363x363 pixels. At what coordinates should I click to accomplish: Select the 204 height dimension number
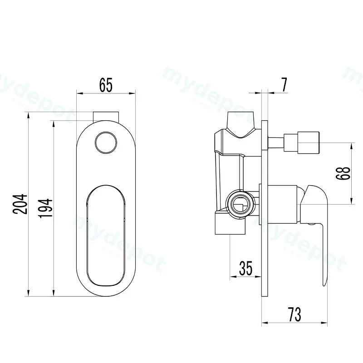pyautogui.click(x=20, y=204)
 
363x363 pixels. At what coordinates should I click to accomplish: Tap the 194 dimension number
pyautogui.click(x=45, y=208)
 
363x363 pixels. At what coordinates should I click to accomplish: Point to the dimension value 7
pyautogui.click(x=284, y=84)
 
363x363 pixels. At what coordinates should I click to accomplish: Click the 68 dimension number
pyautogui.click(x=343, y=173)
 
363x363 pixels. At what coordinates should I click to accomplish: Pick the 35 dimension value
pyautogui.click(x=245, y=268)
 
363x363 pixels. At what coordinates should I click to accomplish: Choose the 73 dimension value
pyautogui.click(x=294, y=314)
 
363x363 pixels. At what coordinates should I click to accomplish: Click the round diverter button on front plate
pyautogui.click(x=106, y=142)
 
